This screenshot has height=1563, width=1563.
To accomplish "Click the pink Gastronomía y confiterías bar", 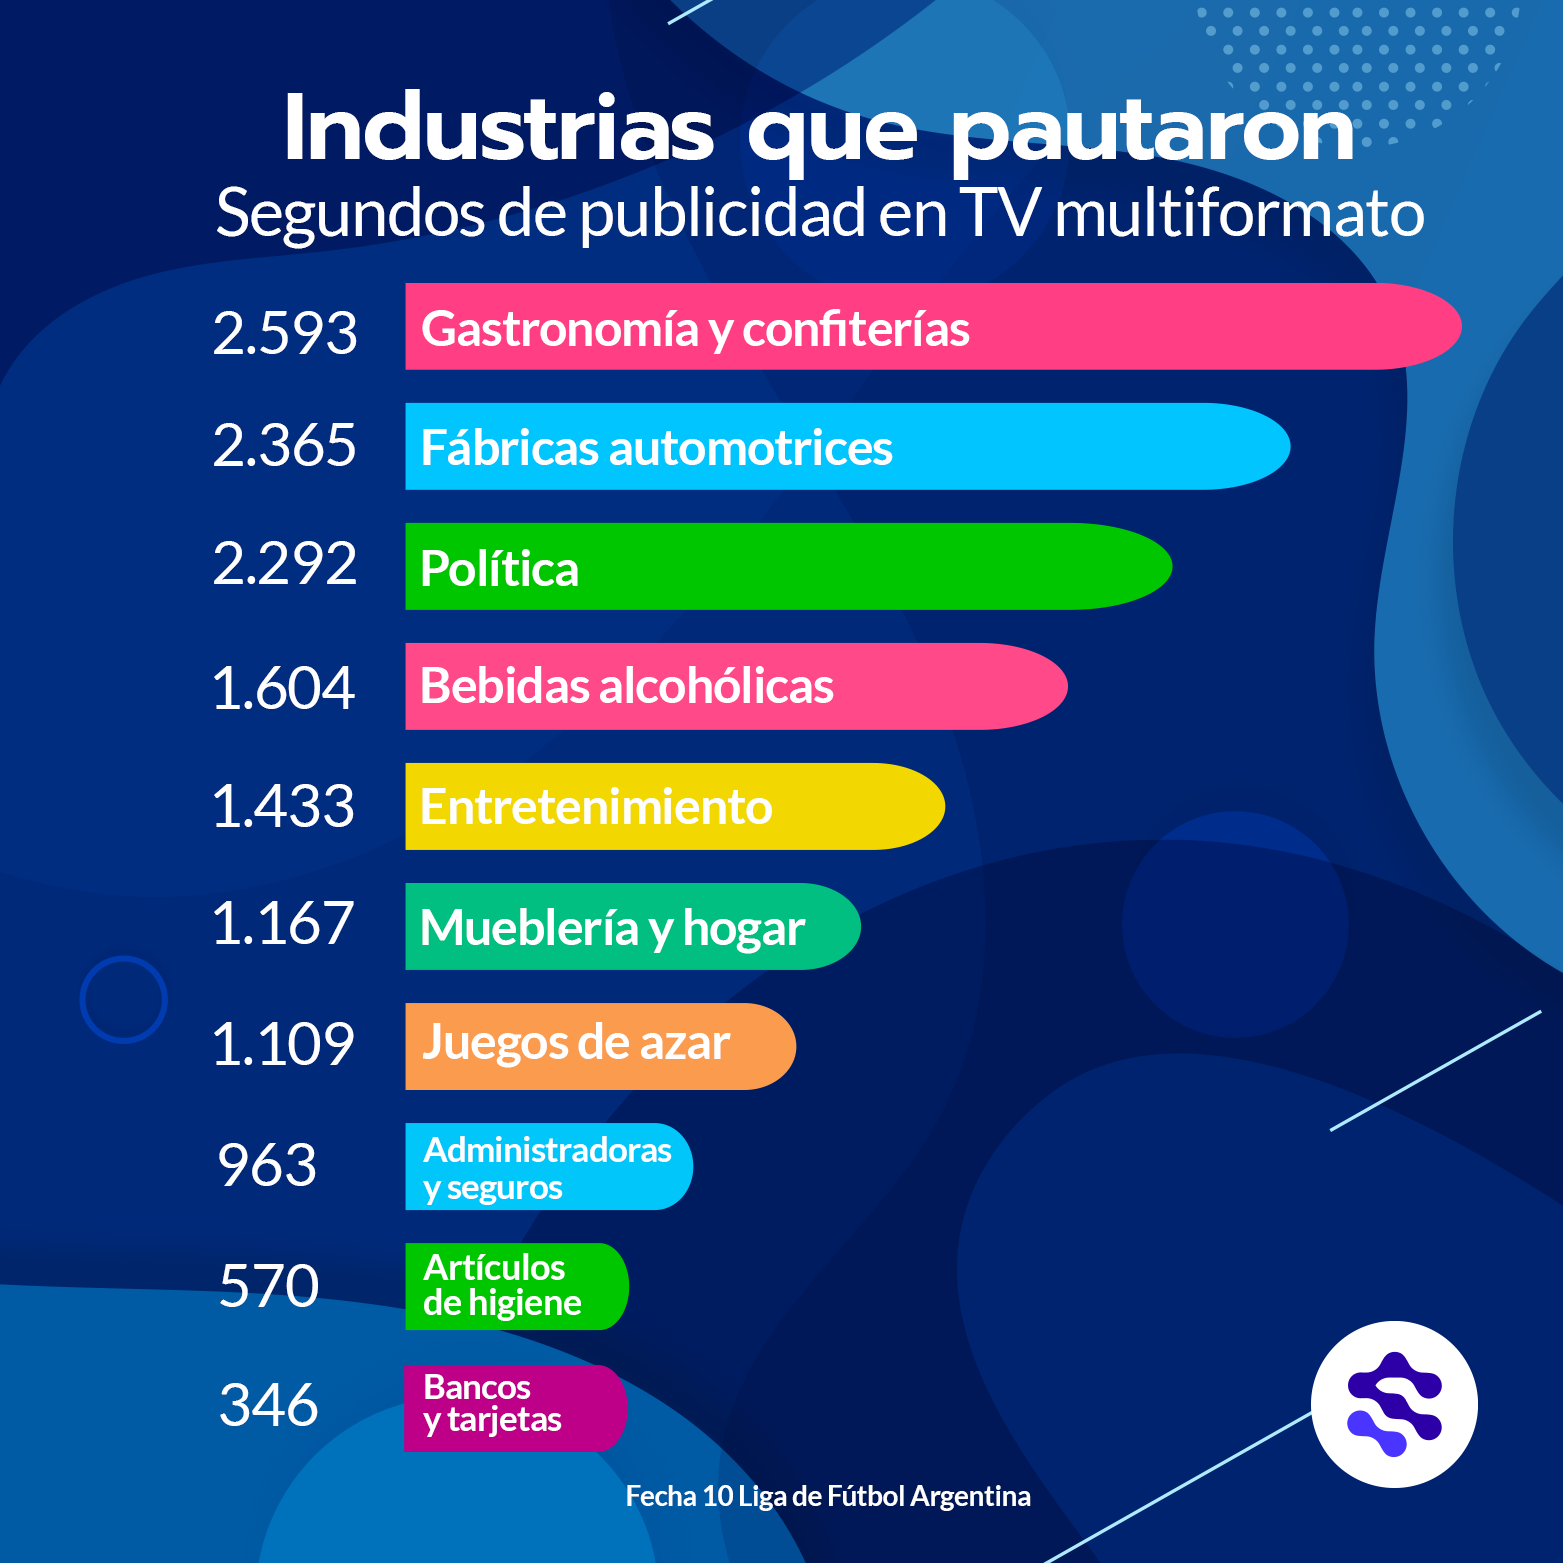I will point(930,327).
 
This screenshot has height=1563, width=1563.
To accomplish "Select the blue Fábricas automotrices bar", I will point(845,447).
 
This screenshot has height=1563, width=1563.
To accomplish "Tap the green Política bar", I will point(787,567).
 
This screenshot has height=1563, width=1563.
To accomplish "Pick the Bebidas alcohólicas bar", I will point(735,687).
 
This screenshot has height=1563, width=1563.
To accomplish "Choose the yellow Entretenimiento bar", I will point(674,807).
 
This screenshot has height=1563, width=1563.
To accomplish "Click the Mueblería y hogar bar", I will point(632,927).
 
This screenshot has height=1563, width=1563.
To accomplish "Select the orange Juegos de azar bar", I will point(600,1047).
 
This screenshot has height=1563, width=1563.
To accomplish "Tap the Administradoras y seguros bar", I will point(548,1167).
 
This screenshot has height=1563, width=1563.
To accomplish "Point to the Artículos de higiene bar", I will point(516,1287).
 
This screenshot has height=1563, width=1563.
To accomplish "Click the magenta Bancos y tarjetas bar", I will point(514,1407).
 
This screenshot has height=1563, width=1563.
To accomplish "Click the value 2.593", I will point(285,333).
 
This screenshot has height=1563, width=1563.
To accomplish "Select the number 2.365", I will point(285,445).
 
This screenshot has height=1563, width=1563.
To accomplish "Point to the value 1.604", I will point(283,688).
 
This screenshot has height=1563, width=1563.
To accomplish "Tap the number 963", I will point(267,1165).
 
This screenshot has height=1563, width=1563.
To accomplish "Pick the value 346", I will point(268,1404).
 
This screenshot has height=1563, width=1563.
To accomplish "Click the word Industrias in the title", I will point(498,129).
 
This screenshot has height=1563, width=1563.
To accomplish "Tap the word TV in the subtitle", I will point(999,213).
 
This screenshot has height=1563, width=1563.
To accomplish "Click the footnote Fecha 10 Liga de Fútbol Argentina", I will point(828,1496).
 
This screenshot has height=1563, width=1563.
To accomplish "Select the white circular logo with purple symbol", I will point(1394,1404).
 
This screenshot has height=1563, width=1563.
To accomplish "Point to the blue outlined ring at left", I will point(123,1000).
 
